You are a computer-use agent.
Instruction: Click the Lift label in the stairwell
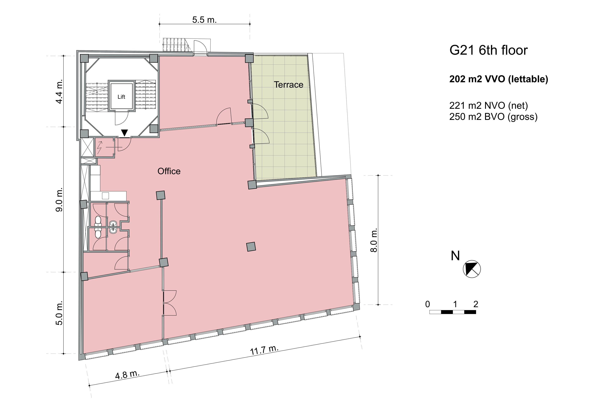[x=121, y=97]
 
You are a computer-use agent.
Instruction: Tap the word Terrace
[x=289, y=85]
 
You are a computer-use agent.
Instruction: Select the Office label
[x=169, y=171]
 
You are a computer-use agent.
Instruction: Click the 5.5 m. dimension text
[x=204, y=20]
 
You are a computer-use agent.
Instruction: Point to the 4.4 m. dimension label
[x=59, y=91]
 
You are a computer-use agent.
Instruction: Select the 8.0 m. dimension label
[x=374, y=240]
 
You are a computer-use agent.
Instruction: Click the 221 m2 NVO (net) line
[x=489, y=106]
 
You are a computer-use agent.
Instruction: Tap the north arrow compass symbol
[x=472, y=269]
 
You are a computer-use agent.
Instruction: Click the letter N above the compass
[x=455, y=256]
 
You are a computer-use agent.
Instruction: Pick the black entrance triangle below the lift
[x=124, y=132]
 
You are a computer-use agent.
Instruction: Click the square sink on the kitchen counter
[x=105, y=196]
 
